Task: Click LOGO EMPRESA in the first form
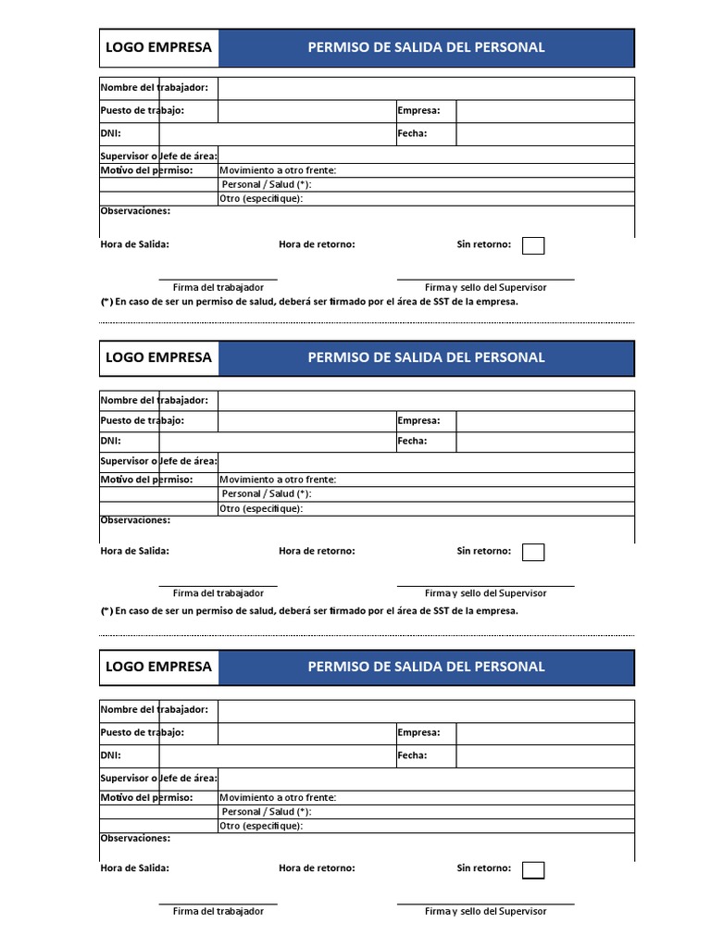pos(158,47)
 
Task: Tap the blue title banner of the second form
pos(426,357)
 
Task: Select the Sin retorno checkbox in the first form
pos(533,245)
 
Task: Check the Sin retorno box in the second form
pos(533,552)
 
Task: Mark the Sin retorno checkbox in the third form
pos(533,869)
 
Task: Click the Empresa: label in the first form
pos(418,111)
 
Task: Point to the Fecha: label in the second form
pos(412,441)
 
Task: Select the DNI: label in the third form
pos(110,755)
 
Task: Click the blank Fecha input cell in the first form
pos(544,134)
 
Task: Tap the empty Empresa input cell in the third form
pos(544,733)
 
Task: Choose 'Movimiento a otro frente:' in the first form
pos(278,170)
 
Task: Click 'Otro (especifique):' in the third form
pos(261,826)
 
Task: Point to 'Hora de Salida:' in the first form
pos(134,244)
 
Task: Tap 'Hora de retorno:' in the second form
pos(317,551)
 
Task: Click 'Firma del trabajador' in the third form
pos(218,911)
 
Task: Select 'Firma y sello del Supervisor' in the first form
pos(485,288)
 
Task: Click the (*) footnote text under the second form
pos(309,611)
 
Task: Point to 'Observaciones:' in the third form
pos(135,838)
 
